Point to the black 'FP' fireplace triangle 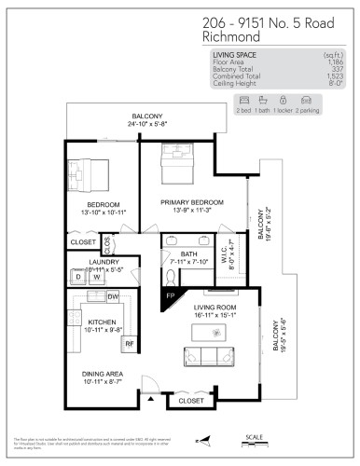pos(168,297)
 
